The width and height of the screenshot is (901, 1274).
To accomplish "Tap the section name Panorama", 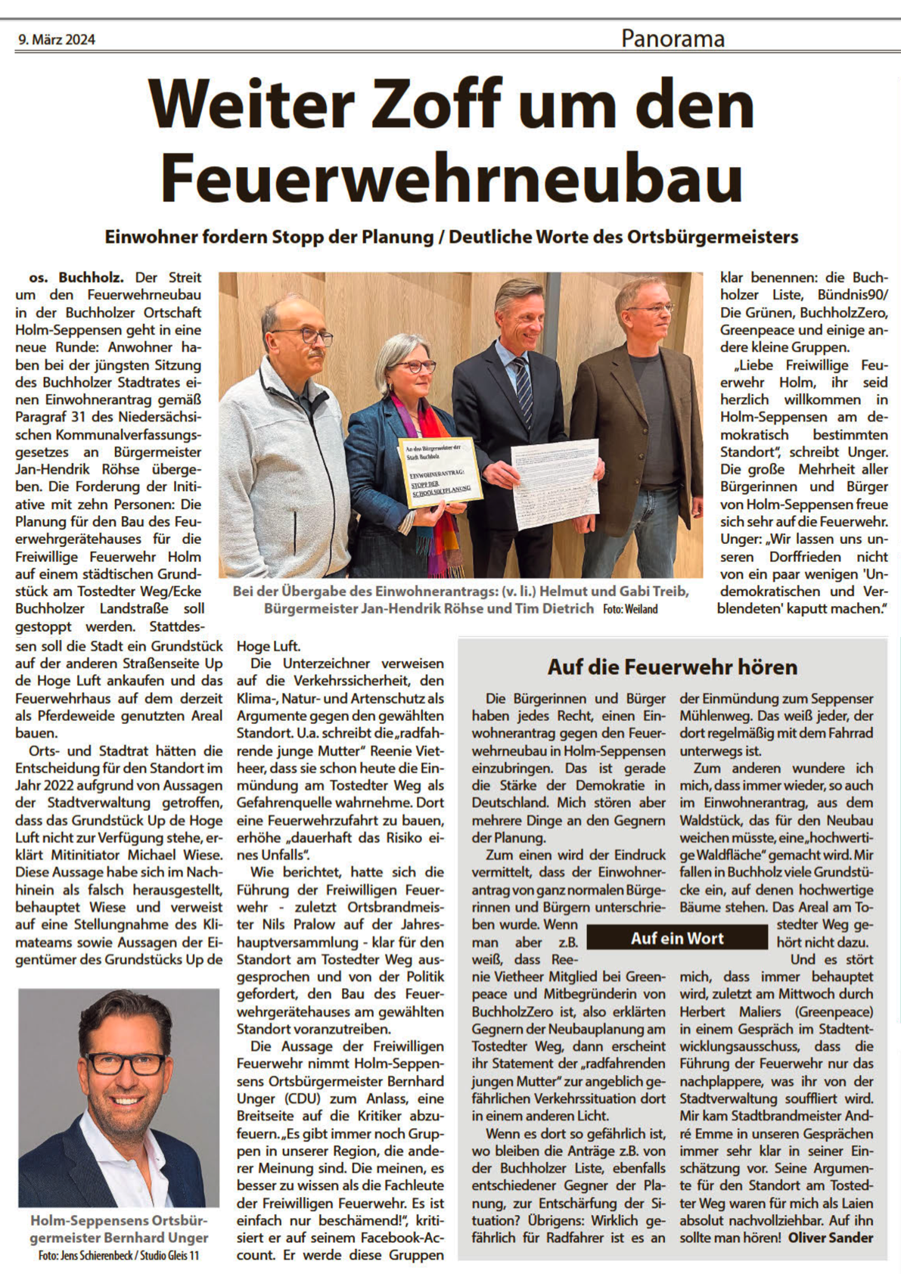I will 673,38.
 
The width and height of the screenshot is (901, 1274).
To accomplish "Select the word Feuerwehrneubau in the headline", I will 451,178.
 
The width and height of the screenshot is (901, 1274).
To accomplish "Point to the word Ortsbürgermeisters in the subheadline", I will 713,237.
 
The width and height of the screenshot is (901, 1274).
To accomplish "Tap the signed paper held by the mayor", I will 555,483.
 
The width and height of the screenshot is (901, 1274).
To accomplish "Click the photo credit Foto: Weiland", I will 630,609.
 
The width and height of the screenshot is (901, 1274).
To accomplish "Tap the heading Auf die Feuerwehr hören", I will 673,667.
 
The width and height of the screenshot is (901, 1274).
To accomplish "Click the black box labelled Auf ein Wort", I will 677,938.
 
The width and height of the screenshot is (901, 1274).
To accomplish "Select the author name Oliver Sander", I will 830,1238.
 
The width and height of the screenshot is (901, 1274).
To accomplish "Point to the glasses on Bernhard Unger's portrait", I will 126,1063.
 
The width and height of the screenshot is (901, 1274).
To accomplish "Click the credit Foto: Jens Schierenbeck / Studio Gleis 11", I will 119,1256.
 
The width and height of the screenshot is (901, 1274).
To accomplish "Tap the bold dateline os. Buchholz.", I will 76,278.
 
